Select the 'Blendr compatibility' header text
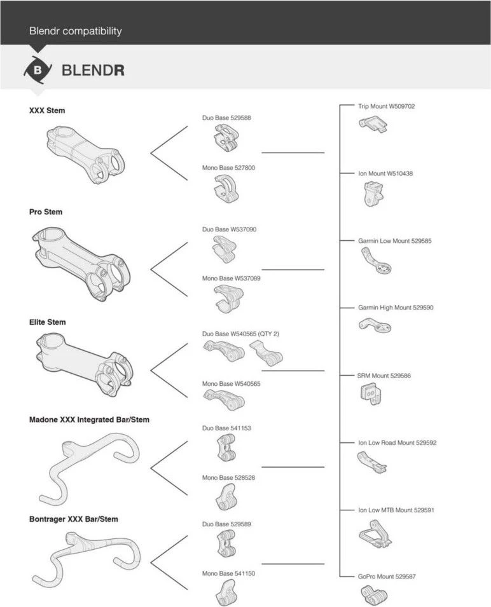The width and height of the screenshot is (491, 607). pos(75,31)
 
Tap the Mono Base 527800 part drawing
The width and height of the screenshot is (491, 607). pos(225,189)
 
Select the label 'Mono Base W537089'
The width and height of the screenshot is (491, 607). pos(231,278)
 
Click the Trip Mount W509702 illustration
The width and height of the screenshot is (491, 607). pos(374,126)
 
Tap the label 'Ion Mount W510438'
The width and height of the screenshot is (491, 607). pos(385,174)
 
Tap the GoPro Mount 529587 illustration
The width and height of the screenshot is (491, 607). pos(374,595)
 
